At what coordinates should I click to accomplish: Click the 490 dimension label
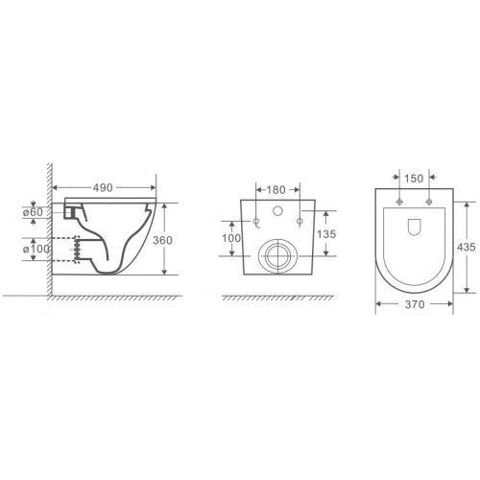pyautogui.click(x=103, y=188)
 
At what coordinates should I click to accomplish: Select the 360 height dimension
pyautogui.click(x=162, y=240)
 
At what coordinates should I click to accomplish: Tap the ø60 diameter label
pyautogui.click(x=33, y=212)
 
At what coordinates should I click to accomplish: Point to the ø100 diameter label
pyautogui.click(x=36, y=249)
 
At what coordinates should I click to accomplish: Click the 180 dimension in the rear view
pyautogui.click(x=276, y=190)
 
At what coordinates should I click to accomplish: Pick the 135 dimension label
pyautogui.click(x=326, y=234)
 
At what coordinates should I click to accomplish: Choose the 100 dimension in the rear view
pyautogui.click(x=231, y=238)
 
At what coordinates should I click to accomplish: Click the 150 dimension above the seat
pyautogui.click(x=414, y=179)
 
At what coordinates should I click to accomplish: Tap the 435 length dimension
pyautogui.click(x=467, y=247)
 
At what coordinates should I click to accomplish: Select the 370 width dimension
pyautogui.click(x=415, y=304)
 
